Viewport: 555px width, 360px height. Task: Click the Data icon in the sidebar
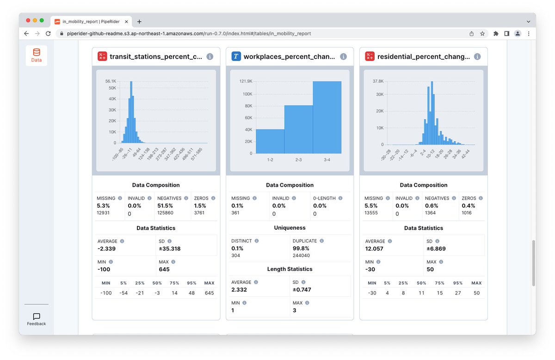[37, 55]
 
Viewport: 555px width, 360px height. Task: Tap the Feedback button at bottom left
[37, 319]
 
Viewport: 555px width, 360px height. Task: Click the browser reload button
[48, 33]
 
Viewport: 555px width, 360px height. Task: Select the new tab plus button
[139, 22]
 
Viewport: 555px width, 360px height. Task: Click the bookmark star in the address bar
[482, 33]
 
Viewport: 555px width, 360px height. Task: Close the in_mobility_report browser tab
[126, 22]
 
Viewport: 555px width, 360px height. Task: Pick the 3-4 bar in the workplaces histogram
[327, 117]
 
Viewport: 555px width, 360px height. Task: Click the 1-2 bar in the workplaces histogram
[270, 141]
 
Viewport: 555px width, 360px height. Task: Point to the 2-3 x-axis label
[299, 160]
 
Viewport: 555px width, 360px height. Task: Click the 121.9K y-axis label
[246, 81]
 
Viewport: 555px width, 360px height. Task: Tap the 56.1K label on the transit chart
[111, 81]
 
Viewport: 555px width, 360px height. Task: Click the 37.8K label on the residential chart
[378, 81]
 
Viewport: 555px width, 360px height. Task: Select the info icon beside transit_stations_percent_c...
[210, 56]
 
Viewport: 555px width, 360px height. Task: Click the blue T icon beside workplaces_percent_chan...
[236, 56]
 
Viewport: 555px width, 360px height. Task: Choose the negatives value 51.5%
[165, 206]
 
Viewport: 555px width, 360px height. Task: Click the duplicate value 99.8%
[301, 248]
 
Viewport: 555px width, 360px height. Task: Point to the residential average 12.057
[374, 249]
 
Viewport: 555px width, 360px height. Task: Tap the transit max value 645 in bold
[164, 269]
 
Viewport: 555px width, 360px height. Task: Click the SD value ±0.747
[302, 290]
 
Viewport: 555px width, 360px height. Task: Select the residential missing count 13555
[371, 213]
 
